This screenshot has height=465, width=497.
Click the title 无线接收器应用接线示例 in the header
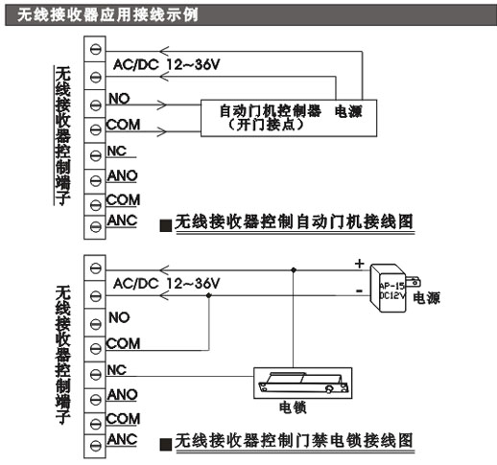[x=107, y=15]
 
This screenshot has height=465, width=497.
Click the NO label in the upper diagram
[x=119, y=99]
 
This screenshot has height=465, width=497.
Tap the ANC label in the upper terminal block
[x=122, y=221]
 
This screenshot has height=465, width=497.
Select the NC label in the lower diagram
[x=117, y=370]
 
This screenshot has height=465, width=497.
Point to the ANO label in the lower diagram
[x=122, y=395]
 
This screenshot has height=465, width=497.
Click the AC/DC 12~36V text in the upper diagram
[x=167, y=65]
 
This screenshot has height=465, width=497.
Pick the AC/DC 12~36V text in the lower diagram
[x=167, y=284]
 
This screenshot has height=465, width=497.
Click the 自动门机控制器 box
[x=289, y=118]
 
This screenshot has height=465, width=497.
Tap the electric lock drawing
[x=303, y=383]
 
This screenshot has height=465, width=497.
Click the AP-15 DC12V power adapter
[x=392, y=288]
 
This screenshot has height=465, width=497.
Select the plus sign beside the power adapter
[x=360, y=264]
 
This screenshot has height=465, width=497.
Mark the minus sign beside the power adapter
[x=359, y=291]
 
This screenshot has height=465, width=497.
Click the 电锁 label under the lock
[x=293, y=407]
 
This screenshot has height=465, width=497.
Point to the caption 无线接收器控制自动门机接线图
[x=294, y=221]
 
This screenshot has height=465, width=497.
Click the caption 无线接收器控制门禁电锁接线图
[x=294, y=440]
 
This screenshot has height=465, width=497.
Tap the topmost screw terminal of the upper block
[x=95, y=49]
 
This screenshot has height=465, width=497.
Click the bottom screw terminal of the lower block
[x=95, y=445]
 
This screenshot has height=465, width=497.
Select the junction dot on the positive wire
[x=294, y=270]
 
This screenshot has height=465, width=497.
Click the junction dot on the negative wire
[x=209, y=295]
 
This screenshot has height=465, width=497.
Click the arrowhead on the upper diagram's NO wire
[x=162, y=105]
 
